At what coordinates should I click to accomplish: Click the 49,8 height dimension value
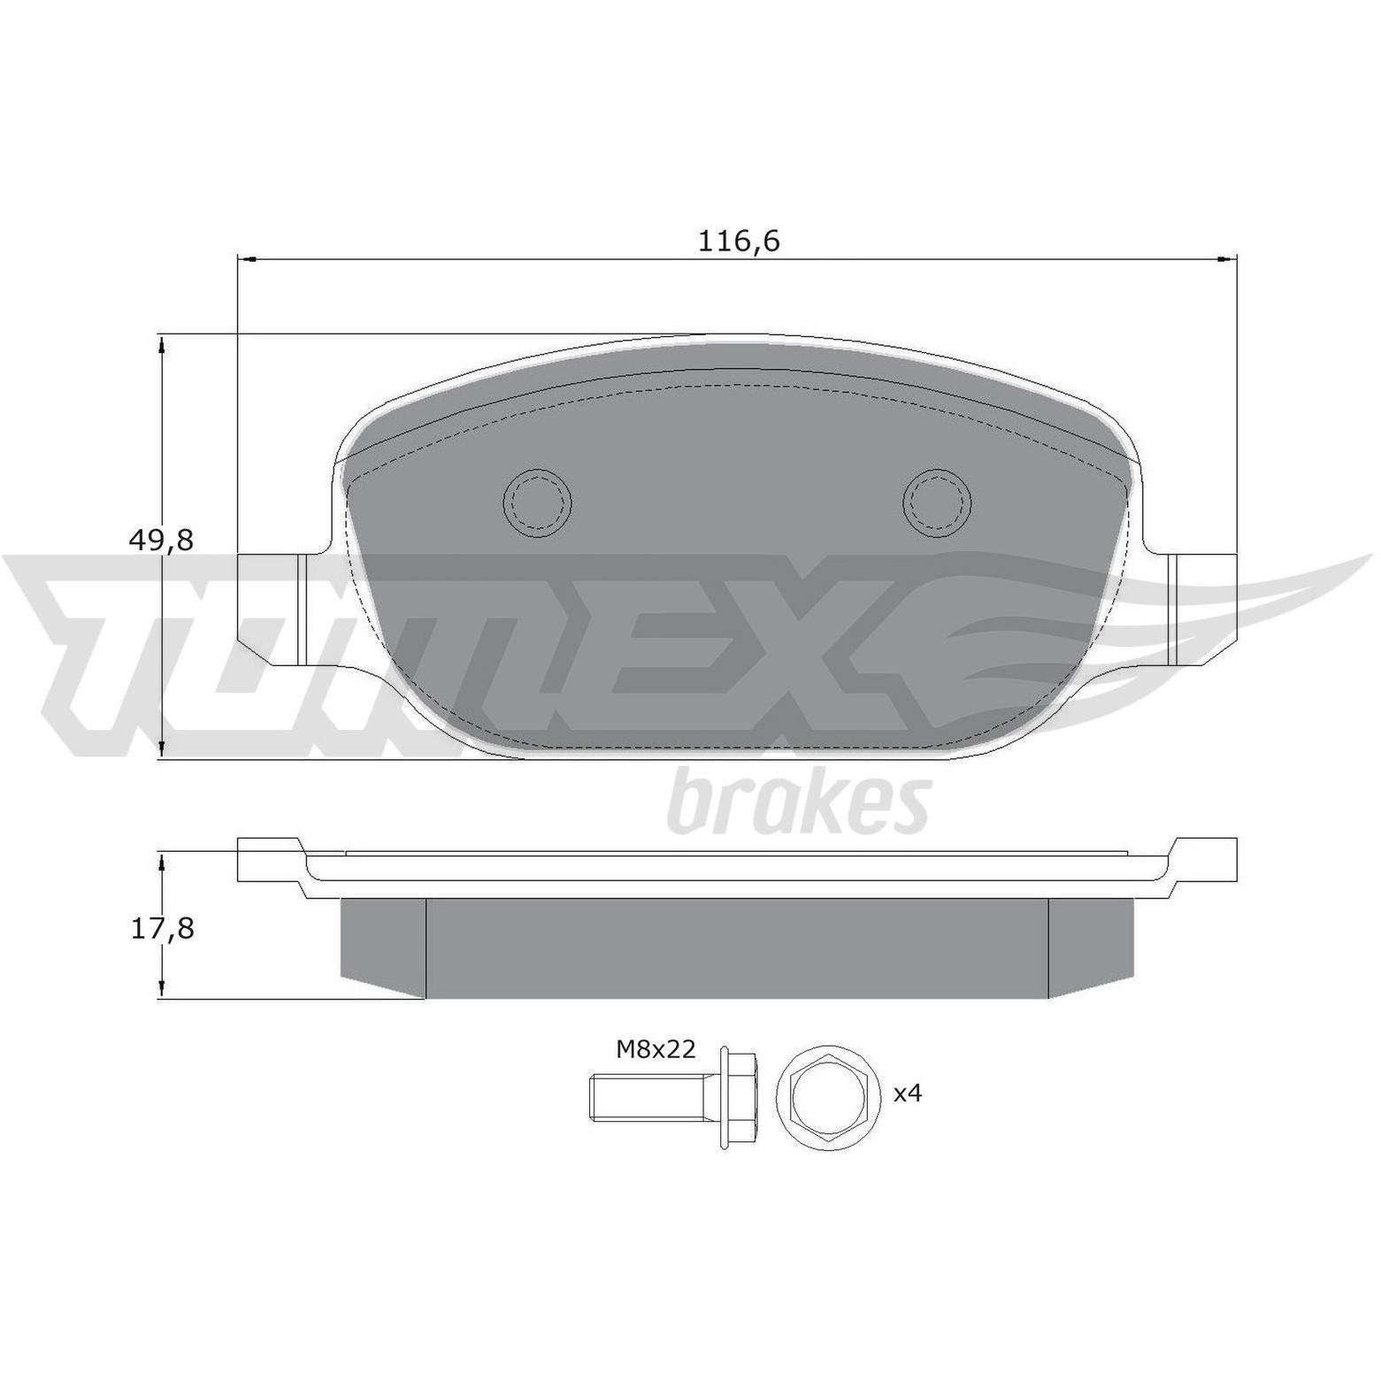pos(160,540)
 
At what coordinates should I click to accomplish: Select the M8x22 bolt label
pos(656,1050)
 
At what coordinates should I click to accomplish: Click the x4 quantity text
pos(908,1094)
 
